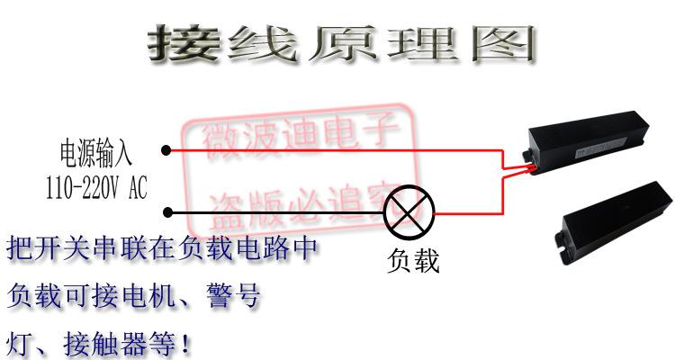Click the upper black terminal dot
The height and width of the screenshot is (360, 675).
[166, 150]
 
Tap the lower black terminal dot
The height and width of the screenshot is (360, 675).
[166, 213]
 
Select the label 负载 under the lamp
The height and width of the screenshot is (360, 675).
[413, 262]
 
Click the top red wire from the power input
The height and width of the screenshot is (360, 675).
[333, 150]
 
